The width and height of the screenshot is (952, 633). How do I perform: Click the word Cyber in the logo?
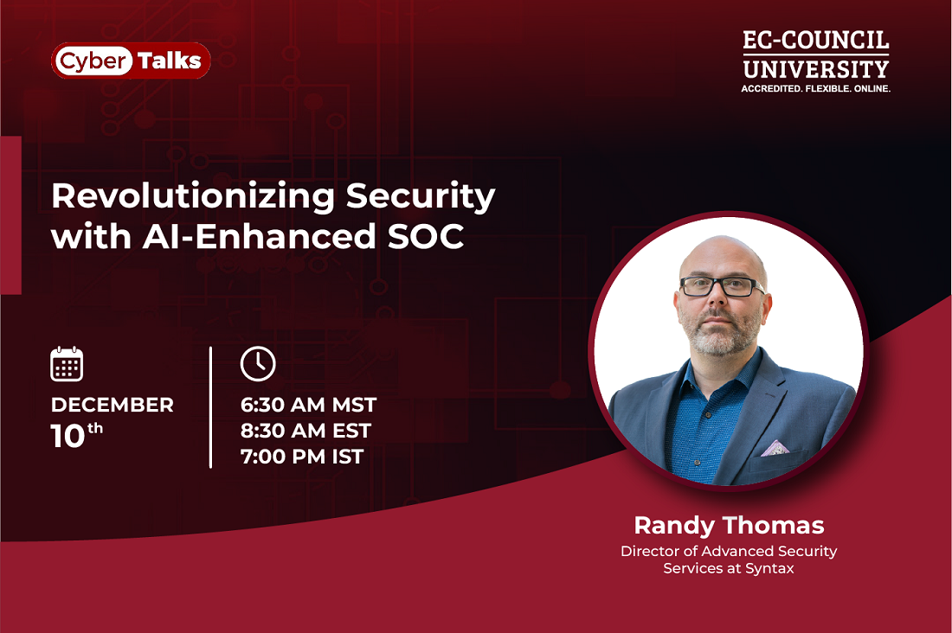(x=93, y=61)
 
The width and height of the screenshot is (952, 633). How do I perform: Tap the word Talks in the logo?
(x=170, y=61)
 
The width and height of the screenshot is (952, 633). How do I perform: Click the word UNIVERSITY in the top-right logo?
(x=816, y=69)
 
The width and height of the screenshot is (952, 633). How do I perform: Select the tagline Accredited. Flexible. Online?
(x=816, y=88)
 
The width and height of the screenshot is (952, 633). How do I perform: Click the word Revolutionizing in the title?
(x=193, y=196)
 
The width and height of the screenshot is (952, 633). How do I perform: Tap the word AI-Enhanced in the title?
(x=260, y=236)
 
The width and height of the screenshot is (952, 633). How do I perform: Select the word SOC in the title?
(x=426, y=236)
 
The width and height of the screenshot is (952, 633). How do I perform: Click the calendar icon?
(x=67, y=364)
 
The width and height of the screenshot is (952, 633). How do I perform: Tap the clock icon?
(x=258, y=364)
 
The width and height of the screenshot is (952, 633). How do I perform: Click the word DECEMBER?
(x=113, y=405)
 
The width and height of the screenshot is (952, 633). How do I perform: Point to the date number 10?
(x=68, y=437)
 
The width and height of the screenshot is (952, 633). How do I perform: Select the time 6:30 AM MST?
(x=308, y=405)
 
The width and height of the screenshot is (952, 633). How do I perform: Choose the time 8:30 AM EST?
(x=306, y=431)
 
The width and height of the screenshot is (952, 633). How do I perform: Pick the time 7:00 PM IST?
(x=302, y=457)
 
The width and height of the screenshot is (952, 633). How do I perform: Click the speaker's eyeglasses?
(x=722, y=286)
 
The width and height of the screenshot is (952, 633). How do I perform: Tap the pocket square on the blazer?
(x=775, y=449)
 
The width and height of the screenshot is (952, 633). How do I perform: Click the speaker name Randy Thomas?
(x=729, y=526)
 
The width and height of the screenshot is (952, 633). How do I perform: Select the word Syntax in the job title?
(x=770, y=569)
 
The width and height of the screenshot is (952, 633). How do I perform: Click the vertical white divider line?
(x=210, y=407)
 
